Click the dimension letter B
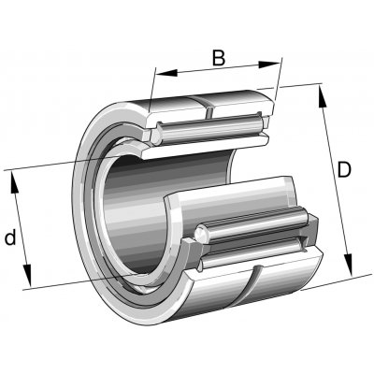pos(219,58)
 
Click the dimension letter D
pos(344,170)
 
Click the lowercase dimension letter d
pos(10,237)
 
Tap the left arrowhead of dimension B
pos(166,73)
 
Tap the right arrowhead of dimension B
pos(270,65)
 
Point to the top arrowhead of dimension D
pos(323,96)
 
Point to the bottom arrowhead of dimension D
pos(348,266)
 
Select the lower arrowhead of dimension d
pos(27,275)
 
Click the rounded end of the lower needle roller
pos(202,234)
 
